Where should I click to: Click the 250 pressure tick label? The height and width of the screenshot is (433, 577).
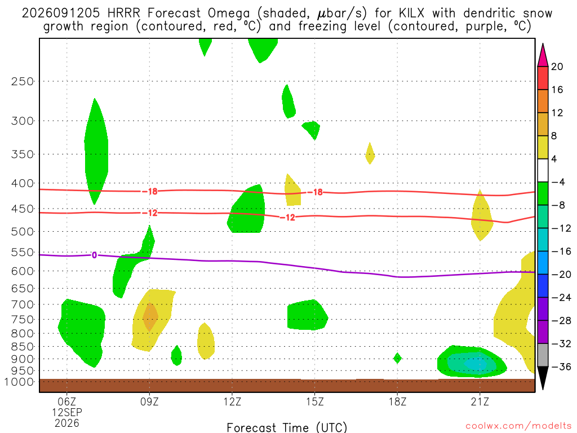[22, 81]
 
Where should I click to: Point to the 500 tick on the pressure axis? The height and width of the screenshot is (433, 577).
[22, 232]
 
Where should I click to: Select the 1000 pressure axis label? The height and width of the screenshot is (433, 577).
[19, 382]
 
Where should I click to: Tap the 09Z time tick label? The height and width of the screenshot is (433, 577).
[149, 401]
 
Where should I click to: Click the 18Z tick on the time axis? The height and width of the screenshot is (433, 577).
[397, 401]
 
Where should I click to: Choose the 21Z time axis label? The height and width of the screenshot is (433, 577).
[480, 401]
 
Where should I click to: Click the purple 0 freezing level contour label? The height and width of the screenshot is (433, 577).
[95, 255]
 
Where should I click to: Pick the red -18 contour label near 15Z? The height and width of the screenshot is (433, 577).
[315, 192]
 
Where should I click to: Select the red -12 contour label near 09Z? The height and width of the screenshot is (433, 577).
[150, 213]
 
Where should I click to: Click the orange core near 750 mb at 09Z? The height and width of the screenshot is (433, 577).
[150, 316]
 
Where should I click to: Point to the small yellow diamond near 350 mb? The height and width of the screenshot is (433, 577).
[370, 153]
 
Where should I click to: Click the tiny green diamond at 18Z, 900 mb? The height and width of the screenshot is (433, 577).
[397, 358]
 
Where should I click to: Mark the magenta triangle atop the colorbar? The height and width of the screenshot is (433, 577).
[543, 55]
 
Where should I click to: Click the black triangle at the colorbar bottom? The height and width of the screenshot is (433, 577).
[543, 378]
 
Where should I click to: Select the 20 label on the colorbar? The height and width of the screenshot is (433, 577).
[557, 67]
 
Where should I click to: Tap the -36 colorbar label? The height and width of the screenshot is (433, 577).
[561, 366]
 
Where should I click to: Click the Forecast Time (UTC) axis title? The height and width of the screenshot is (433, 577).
[287, 427]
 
